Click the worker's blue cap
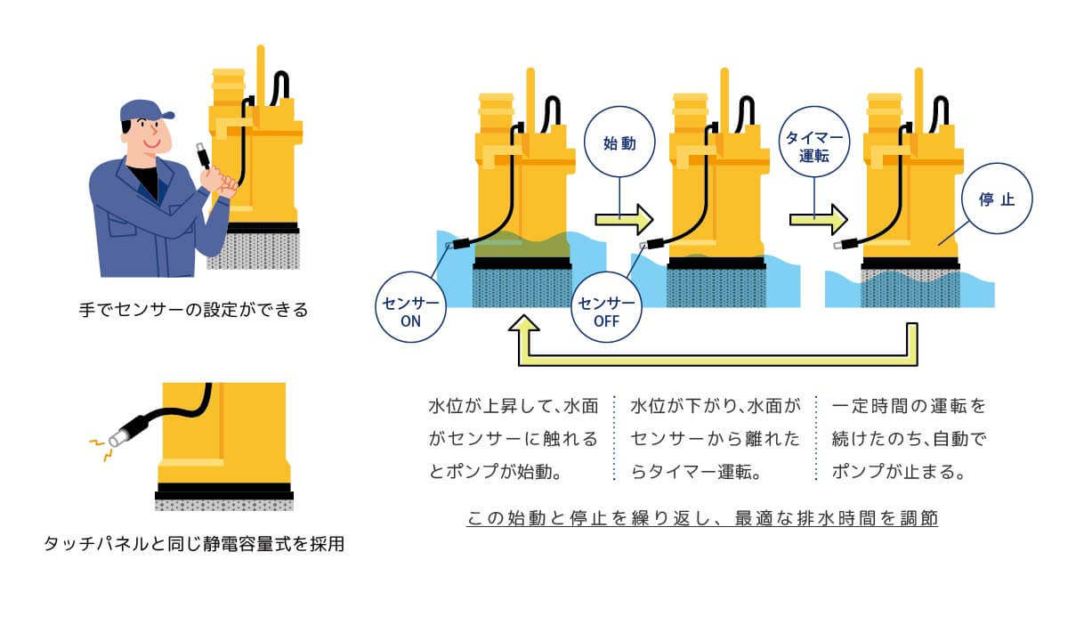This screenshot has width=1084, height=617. (142, 111)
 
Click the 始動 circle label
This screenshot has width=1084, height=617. (619, 143)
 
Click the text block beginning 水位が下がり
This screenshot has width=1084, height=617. (715, 439)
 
